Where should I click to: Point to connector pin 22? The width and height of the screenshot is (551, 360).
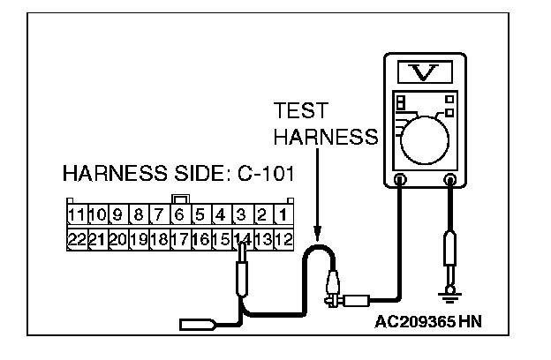(76, 238)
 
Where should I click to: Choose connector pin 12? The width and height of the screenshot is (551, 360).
(283, 238)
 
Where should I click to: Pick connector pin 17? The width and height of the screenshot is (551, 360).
(179, 238)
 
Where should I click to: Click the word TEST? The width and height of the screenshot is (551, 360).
(300, 112)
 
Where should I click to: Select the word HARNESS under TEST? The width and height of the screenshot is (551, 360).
(326, 137)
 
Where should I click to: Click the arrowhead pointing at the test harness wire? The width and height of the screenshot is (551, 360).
(317, 235)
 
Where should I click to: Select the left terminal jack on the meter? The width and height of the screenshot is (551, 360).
(399, 181)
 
